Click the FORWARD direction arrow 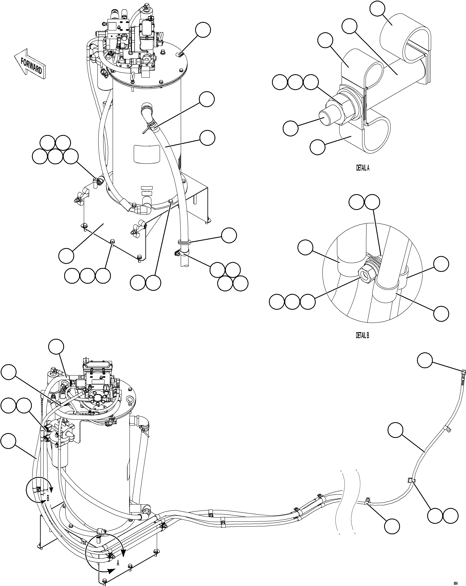[x=30, y=64]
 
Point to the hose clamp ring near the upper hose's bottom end [x=183, y=242]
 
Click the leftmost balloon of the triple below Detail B [x=277, y=302]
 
